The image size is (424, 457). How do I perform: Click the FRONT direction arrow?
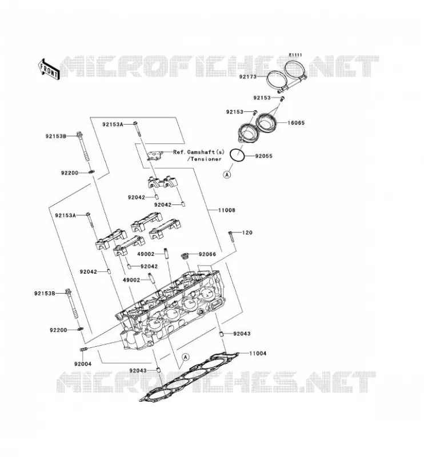[49, 69]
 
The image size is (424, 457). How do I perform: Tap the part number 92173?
[248, 77]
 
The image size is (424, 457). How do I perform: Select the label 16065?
[296, 123]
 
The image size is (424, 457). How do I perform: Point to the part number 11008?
[227, 210]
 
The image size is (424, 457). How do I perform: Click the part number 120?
[247, 232]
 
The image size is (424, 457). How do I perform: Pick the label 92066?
[207, 254]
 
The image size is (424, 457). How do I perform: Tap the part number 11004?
[258, 353]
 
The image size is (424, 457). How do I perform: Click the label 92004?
[83, 364]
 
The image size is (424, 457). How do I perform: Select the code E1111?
[295, 55]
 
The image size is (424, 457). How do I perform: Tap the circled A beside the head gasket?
[185, 356]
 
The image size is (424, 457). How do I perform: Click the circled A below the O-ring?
[227, 174]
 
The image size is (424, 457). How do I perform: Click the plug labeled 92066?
[185, 256]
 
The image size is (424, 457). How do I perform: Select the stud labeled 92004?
[83, 349]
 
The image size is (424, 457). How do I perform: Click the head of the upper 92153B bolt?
[79, 134]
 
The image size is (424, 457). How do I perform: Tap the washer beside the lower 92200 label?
[80, 330]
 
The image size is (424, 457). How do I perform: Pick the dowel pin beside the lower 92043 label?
[158, 370]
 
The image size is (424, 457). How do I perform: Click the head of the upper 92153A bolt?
[135, 123]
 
